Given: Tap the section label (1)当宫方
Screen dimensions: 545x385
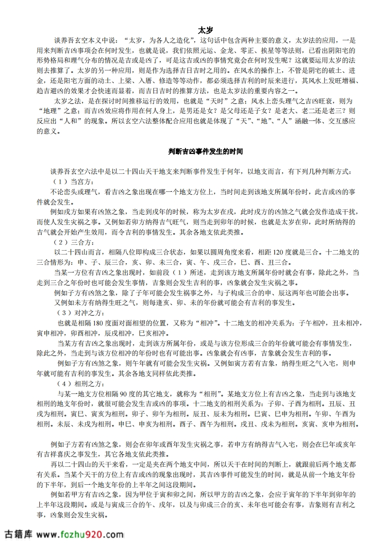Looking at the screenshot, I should coord(71,181).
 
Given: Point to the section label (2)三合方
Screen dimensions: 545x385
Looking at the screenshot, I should coord(71,242).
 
